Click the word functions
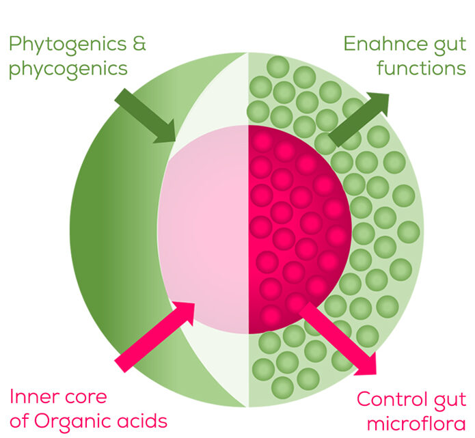[x=424, y=69]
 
